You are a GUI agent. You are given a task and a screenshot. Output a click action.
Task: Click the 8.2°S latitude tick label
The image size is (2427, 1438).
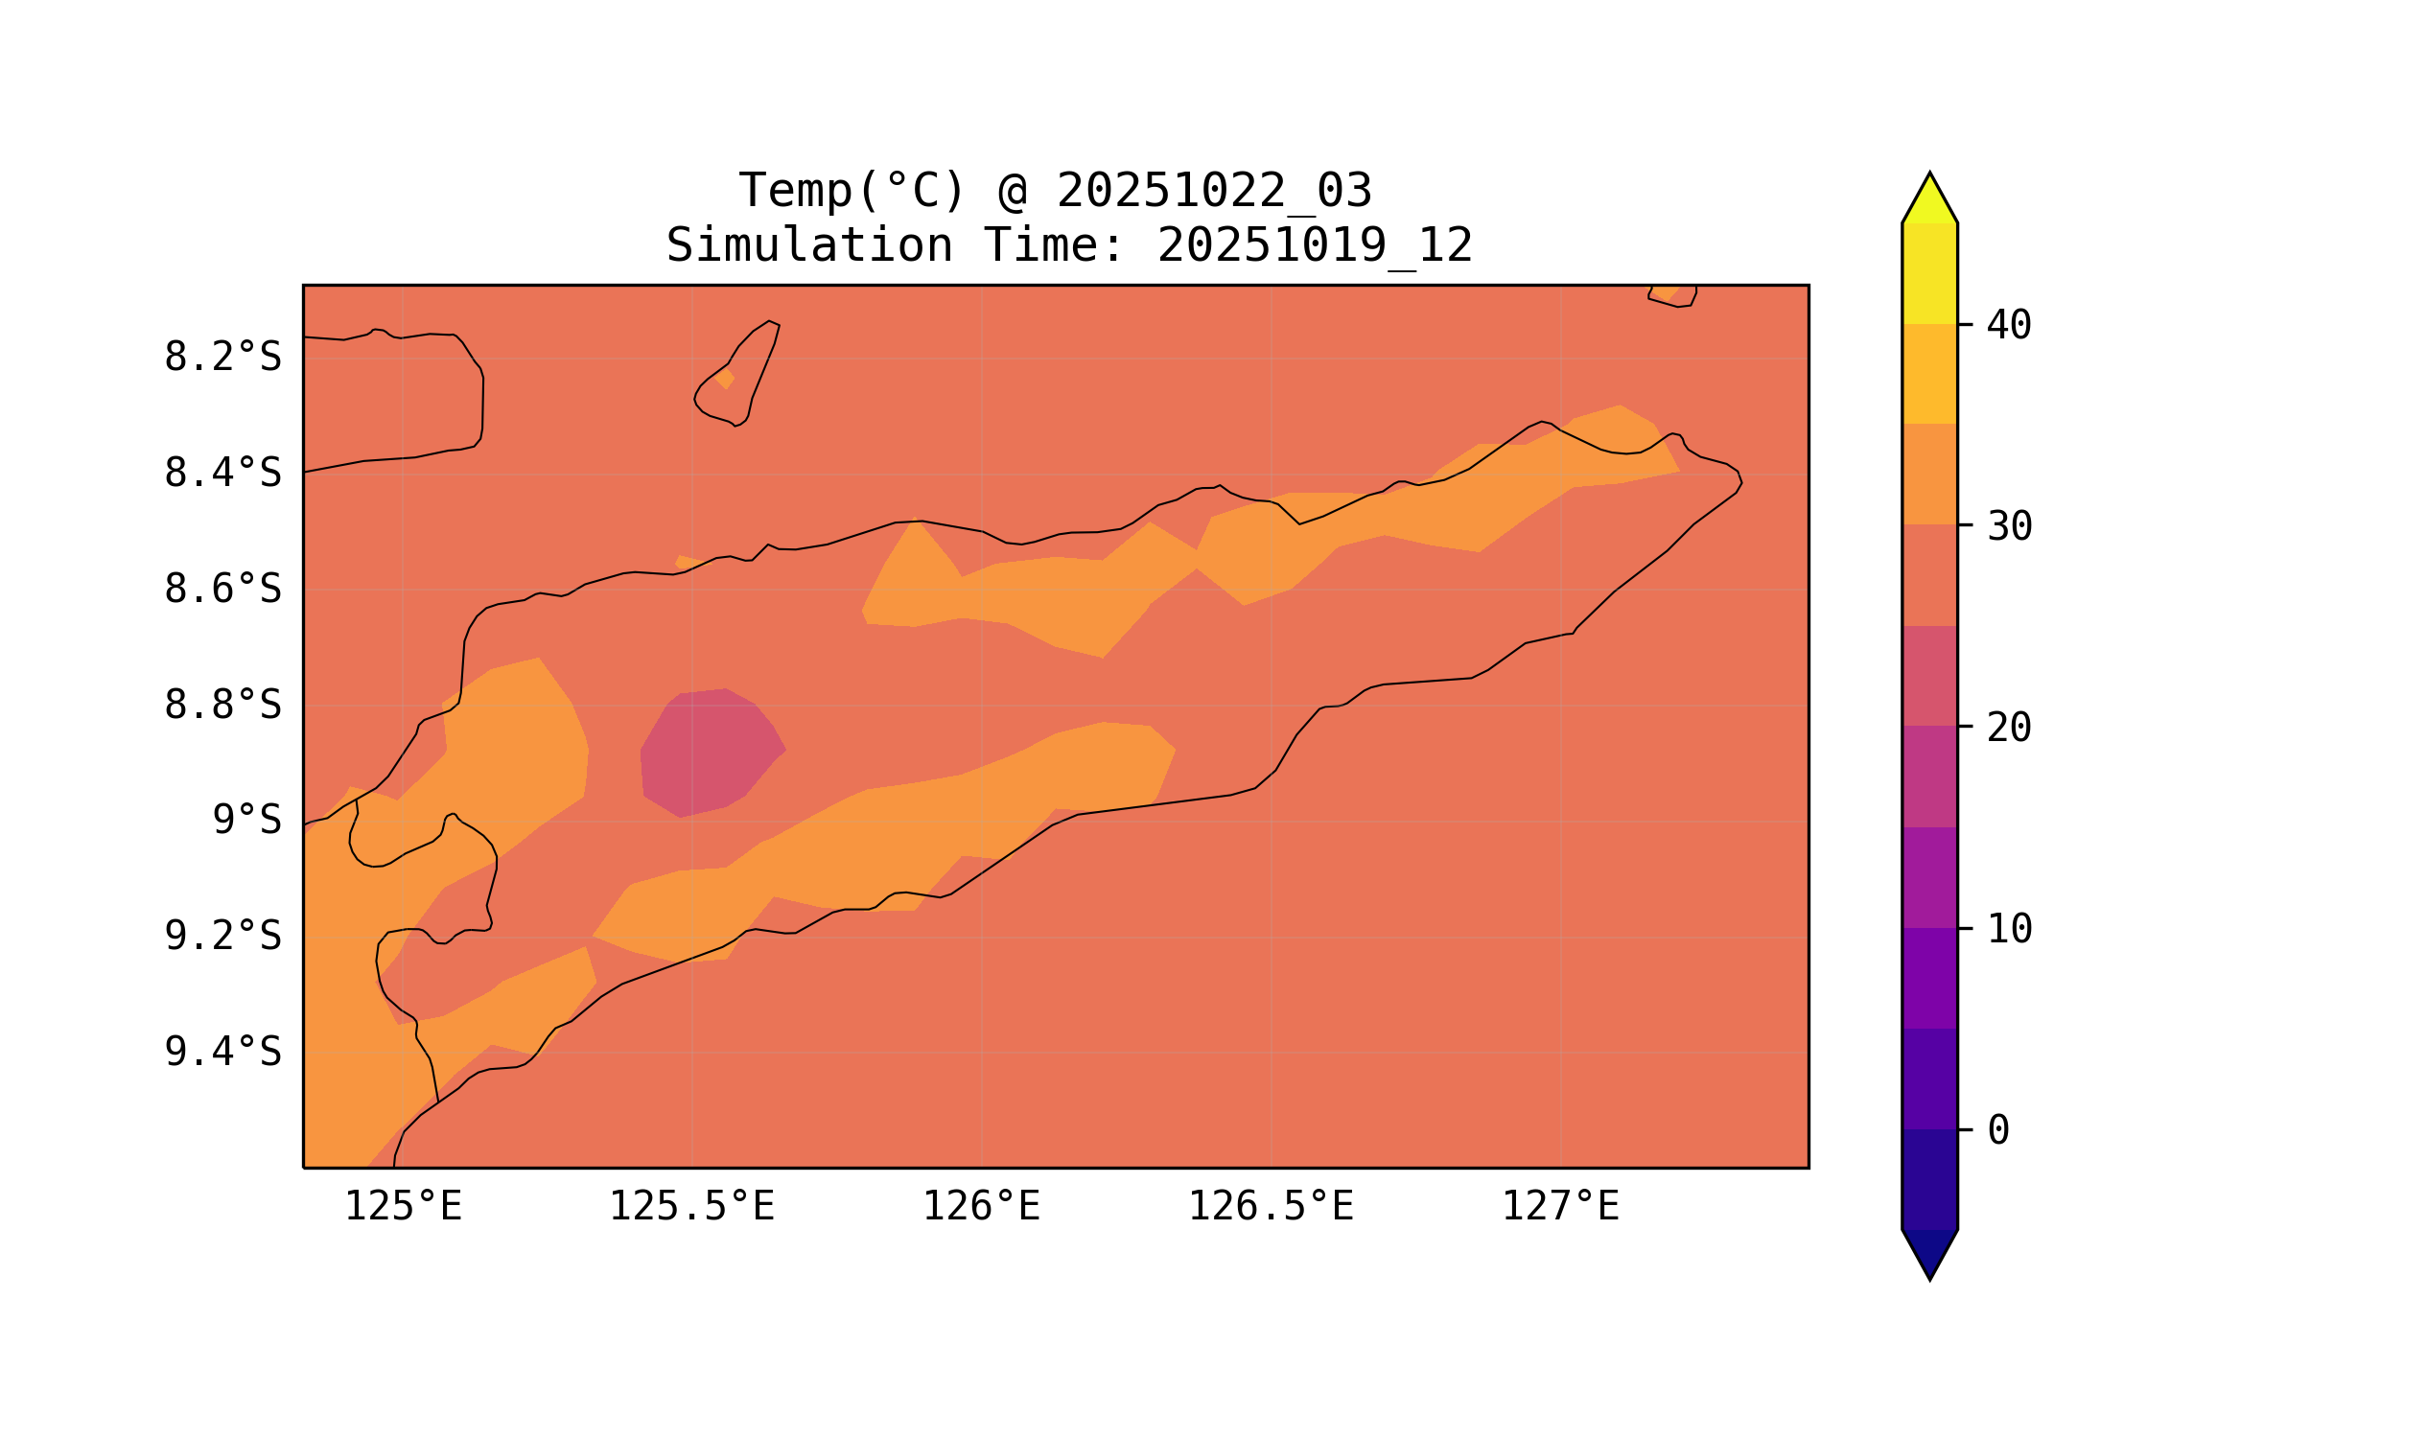click(x=222, y=358)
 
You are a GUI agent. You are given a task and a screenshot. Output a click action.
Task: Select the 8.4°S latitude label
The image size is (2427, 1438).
click(x=222, y=474)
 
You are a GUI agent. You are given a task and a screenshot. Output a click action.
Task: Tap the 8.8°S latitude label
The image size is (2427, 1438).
click(x=222, y=707)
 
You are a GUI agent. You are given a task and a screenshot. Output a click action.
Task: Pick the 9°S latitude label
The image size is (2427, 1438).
click(x=246, y=821)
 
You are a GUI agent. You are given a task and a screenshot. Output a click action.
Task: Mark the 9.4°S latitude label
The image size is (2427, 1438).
click(x=222, y=1053)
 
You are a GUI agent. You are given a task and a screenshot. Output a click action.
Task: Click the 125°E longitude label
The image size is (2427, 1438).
click(x=403, y=1207)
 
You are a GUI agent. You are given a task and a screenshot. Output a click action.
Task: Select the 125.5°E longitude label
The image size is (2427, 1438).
click(x=691, y=1207)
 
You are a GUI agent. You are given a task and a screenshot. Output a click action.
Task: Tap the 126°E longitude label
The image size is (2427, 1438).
click(x=981, y=1207)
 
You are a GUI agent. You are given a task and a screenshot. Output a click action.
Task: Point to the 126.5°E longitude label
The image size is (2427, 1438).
click(x=1270, y=1207)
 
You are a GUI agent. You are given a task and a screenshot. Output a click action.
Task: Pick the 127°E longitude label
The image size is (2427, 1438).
click(x=1559, y=1207)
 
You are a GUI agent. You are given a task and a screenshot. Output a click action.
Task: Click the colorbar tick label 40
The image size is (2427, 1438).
click(x=2008, y=327)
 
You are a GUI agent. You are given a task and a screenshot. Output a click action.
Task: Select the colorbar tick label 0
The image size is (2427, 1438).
click(x=1997, y=1131)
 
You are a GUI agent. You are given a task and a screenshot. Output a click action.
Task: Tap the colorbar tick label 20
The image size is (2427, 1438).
click(x=2008, y=729)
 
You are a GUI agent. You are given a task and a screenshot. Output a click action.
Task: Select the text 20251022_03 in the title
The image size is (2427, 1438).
click(x=1214, y=191)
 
